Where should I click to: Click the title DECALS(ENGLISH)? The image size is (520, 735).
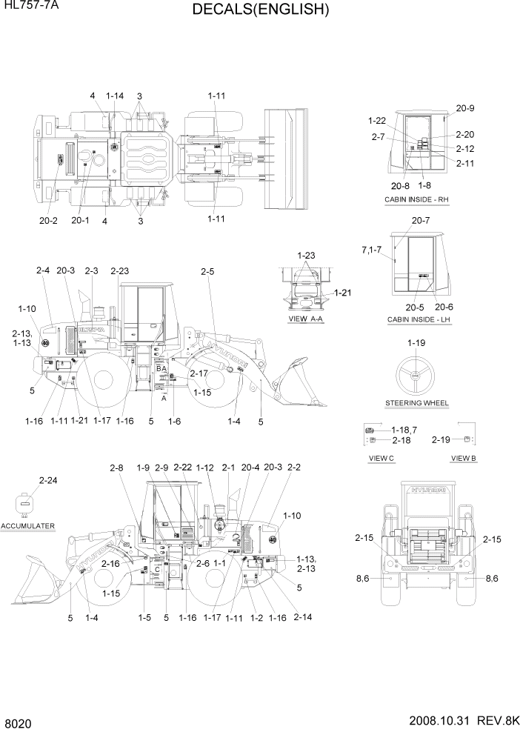click(x=260, y=10)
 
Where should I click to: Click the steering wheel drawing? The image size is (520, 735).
click(x=415, y=376)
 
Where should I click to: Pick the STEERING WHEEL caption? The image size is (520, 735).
click(x=416, y=404)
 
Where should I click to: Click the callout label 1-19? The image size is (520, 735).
click(x=416, y=343)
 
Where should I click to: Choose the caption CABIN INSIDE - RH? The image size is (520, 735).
click(x=416, y=200)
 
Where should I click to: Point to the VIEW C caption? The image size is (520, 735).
click(x=381, y=459)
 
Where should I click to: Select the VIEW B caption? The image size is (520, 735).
click(x=464, y=459)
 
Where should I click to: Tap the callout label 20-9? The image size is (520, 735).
click(x=464, y=108)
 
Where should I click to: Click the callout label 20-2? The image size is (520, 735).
click(x=49, y=220)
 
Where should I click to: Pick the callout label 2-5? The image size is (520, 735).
click(x=207, y=272)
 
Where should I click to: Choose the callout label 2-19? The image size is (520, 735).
click(x=441, y=439)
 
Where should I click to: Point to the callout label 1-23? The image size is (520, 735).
click(x=306, y=255)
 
